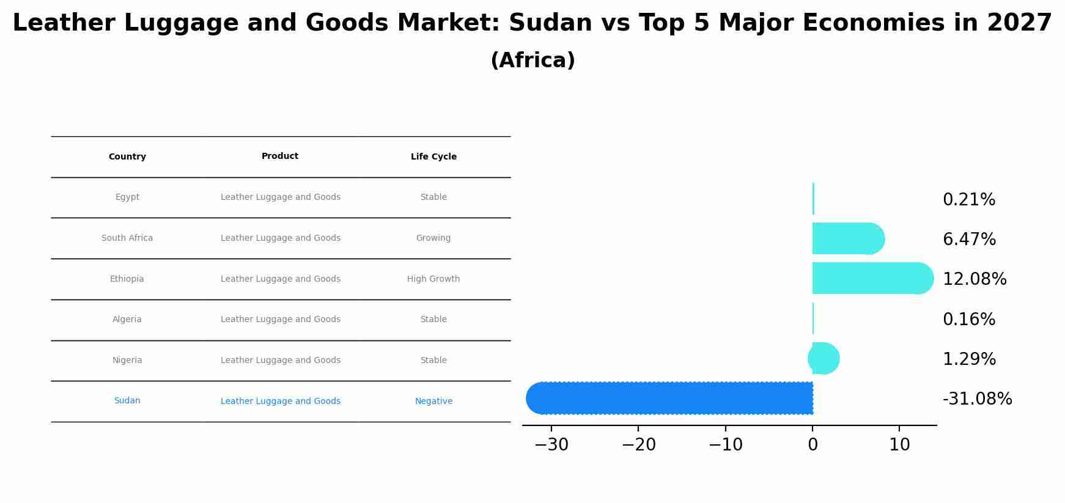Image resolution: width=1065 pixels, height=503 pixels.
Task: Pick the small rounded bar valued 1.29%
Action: (824, 358)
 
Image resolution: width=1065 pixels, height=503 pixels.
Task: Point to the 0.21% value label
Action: (969, 200)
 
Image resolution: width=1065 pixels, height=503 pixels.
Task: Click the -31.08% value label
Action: (977, 399)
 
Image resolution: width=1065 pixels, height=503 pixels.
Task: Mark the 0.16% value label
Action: (969, 320)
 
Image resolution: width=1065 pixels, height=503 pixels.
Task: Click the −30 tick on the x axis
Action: (551, 445)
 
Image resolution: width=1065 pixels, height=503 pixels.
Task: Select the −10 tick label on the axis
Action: (726, 445)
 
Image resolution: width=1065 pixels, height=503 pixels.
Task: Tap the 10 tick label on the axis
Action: (899, 445)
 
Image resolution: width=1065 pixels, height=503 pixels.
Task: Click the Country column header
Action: (127, 157)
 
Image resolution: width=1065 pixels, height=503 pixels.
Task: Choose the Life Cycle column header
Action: (433, 157)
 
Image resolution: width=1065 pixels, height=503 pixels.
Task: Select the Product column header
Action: (280, 156)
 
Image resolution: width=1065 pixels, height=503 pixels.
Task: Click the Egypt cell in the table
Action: (127, 197)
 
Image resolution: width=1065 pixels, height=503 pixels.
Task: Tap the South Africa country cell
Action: (127, 238)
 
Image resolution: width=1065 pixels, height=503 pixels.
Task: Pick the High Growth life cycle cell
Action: (433, 279)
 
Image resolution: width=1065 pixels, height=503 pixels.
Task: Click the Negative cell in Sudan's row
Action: (433, 402)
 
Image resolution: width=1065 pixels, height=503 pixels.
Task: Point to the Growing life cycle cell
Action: (433, 238)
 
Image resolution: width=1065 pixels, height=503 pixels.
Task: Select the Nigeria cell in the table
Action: (127, 361)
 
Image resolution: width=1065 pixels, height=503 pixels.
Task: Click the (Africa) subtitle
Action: (532, 61)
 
